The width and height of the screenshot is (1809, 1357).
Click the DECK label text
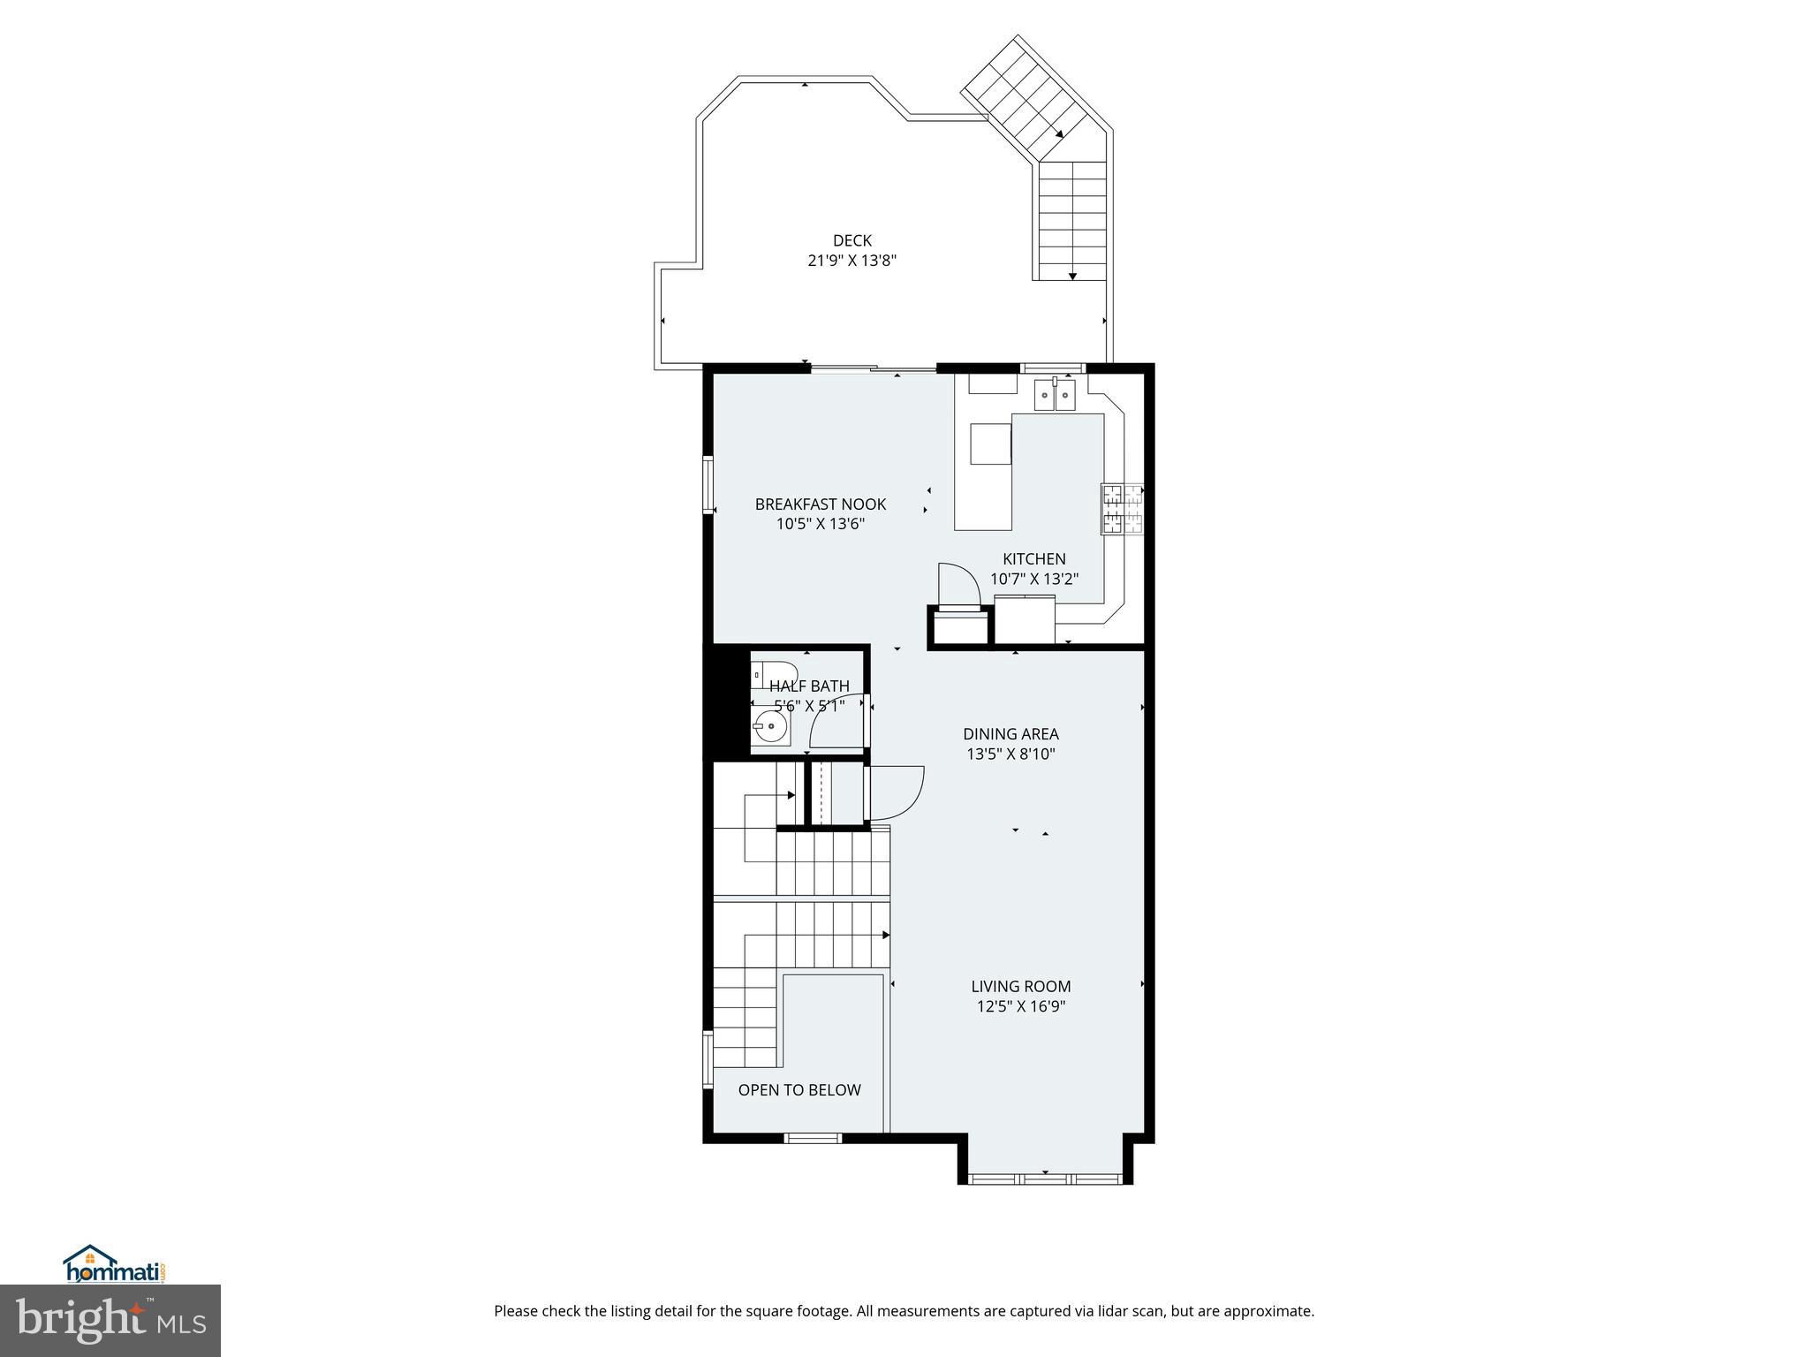tap(852, 240)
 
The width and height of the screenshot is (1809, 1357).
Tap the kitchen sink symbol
tap(1055, 395)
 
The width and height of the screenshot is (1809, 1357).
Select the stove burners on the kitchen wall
tap(1122, 509)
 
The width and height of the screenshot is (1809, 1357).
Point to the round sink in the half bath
tap(770, 730)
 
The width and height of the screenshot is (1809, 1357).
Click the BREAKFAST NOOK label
tap(820, 504)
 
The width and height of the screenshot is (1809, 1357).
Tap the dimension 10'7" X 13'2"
tap(1033, 580)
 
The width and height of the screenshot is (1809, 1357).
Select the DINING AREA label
tap(1010, 734)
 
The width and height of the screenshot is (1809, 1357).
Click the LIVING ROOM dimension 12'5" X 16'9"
tap(1020, 1006)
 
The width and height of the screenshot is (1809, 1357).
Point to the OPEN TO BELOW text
tap(799, 1090)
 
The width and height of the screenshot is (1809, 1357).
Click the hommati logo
tap(115, 1265)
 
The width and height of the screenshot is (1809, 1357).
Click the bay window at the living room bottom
tap(1045, 1178)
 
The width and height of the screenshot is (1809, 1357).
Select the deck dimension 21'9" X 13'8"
tap(852, 261)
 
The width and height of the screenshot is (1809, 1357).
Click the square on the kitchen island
tap(991, 443)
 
